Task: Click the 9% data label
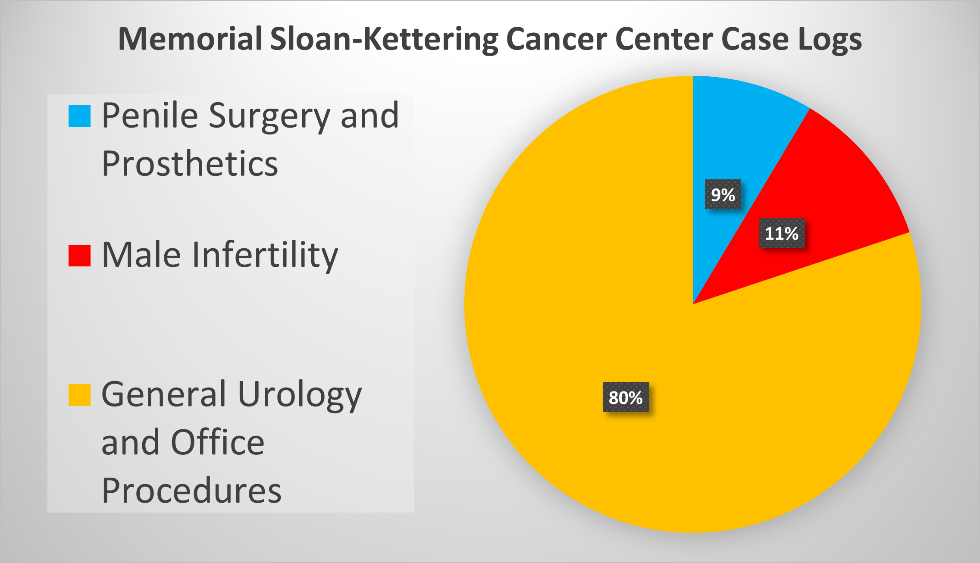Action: coord(723,195)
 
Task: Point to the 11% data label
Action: coord(781,233)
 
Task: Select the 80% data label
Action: coord(626,397)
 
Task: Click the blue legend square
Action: coord(79,116)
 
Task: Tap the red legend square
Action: coord(79,256)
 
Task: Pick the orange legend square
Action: coord(79,395)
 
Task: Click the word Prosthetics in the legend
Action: coord(190,164)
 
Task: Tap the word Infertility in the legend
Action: coord(265,255)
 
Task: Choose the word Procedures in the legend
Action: coord(191,491)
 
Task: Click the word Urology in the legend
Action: coord(299,395)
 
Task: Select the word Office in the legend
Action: coord(217,442)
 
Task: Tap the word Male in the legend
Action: coord(141,255)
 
